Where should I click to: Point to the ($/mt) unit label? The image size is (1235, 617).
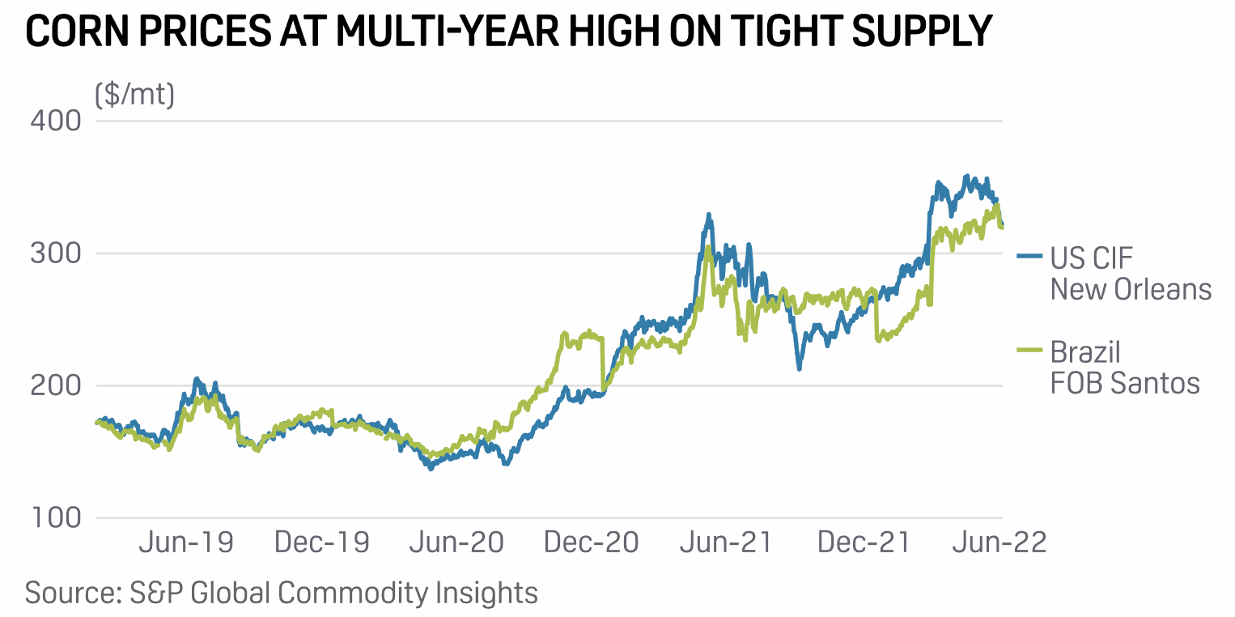[x=134, y=96]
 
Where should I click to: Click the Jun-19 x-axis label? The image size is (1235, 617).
[x=185, y=543]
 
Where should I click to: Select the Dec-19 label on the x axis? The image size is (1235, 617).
[x=321, y=543]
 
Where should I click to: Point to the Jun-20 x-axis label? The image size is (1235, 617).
[x=456, y=543]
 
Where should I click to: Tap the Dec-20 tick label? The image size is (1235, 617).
[x=592, y=543]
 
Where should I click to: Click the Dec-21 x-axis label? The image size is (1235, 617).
[x=864, y=543]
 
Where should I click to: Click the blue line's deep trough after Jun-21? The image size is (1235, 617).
[x=799, y=368]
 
